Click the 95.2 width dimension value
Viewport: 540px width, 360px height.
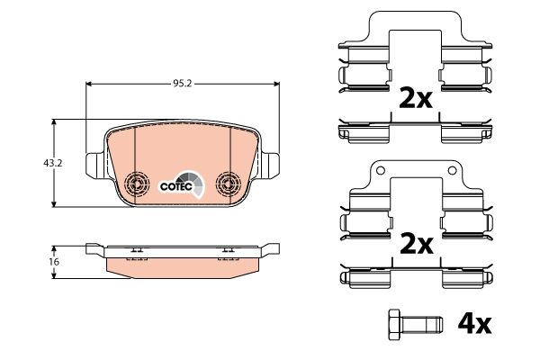[x=182, y=84]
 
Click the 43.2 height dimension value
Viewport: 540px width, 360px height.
[x=53, y=163]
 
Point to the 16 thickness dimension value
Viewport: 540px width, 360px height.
[x=54, y=262]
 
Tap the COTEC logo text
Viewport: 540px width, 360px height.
[x=176, y=186]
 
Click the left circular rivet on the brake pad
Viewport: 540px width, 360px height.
[x=137, y=183]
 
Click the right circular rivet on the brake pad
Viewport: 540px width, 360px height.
[x=228, y=183]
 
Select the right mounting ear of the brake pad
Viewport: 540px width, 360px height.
[x=269, y=165]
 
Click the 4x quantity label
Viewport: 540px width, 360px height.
[x=474, y=324]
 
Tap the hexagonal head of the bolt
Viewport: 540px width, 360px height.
[x=395, y=325]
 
